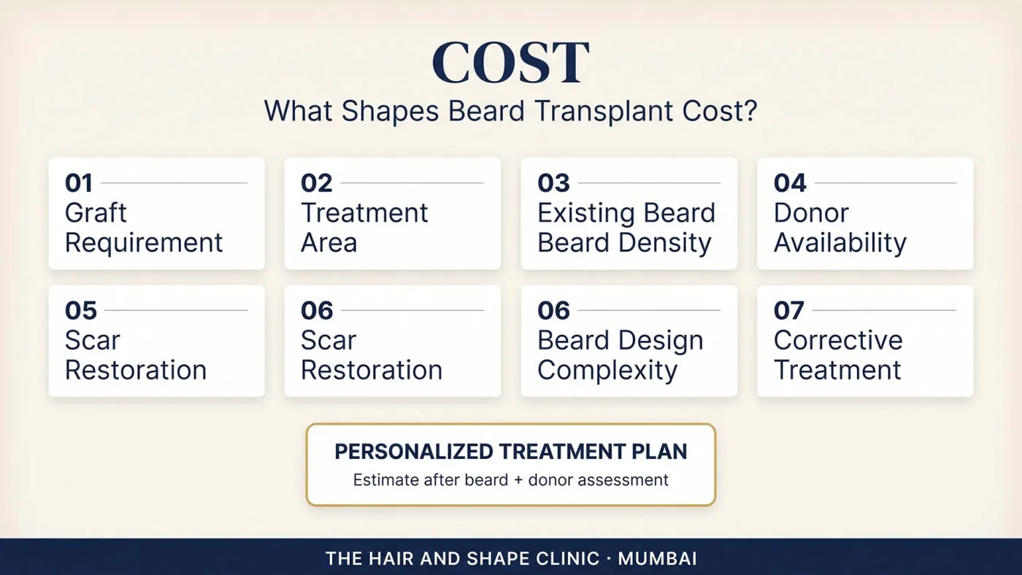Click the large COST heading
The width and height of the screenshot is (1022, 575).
tap(510, 63)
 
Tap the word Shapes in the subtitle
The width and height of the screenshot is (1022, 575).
tap(390, 111)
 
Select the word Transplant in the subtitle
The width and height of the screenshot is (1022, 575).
tap(604, 111)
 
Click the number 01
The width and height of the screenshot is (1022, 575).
tap(79, 183)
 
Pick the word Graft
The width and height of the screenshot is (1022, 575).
tap(96, 213)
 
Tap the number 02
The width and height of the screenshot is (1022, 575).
tap(316, 183)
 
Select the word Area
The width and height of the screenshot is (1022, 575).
tap(328, 242)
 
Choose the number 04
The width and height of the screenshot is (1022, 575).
tap(790, 183)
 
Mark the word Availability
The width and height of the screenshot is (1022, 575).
tap(840, 243)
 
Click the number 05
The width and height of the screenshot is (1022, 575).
tap(81, 311)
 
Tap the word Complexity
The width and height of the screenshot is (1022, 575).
tap(607, 370)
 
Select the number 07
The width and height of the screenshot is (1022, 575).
tap(788, 311)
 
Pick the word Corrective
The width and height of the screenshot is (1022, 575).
tap(838, 340)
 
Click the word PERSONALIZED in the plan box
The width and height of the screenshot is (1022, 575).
tap(413, 452)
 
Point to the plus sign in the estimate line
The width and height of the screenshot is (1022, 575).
tap(518, 481)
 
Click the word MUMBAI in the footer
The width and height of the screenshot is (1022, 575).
tap(658, 559)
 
